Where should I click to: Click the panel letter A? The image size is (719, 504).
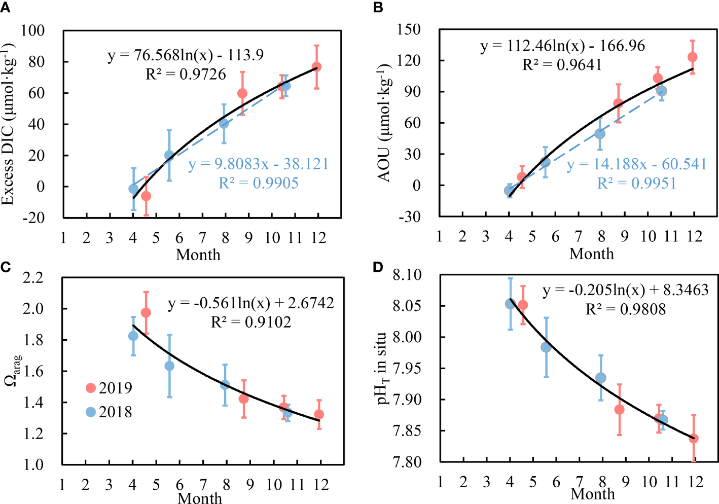(x=6, y=7)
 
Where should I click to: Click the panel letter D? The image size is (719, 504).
(x=378, y=267)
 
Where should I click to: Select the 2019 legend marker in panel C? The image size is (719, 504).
(x=91, y=388)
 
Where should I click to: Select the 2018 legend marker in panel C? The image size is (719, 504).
(x=91, y=412)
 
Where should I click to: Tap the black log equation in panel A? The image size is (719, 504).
(x=186, y=55)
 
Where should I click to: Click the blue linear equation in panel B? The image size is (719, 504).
(x=636, y=164)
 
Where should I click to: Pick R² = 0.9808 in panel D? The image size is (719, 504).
(x=626, y=309)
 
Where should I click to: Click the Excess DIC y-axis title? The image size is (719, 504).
(x=9, y=124)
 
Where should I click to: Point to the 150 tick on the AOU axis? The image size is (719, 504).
(x=409, y=29)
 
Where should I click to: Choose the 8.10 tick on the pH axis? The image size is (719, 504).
(x=407, y=275)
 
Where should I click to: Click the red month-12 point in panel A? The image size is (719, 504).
(x=317, y=67)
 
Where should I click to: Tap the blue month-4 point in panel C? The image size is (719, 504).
(x=133, y=336)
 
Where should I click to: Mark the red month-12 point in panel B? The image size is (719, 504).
(x=693, y=57)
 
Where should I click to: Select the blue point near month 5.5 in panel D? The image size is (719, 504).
(x=546, y=347)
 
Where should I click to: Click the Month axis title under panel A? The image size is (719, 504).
(x=198, y=255)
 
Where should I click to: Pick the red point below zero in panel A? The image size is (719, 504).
(x=146, y=196)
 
